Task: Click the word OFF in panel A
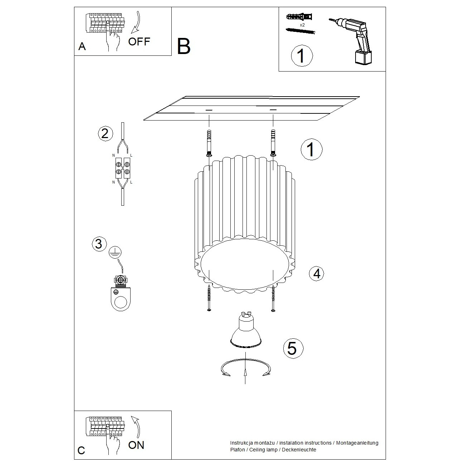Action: tap(139, 41)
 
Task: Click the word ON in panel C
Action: tap(136, 445)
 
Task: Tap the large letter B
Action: tap(184, 46)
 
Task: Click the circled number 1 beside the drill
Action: tap(302, 56)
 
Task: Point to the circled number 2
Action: tap(105, 133)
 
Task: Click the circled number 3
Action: tap(99, 244)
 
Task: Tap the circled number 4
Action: tap(317, 274)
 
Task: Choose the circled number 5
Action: tap(293, 348)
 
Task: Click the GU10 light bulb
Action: tap(245, 331)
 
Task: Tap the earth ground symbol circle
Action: tap(115, 252)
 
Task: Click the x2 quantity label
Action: tap(302, 25)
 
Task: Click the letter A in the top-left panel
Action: tap(82, 47)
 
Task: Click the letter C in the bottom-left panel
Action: tap(82, 450)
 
